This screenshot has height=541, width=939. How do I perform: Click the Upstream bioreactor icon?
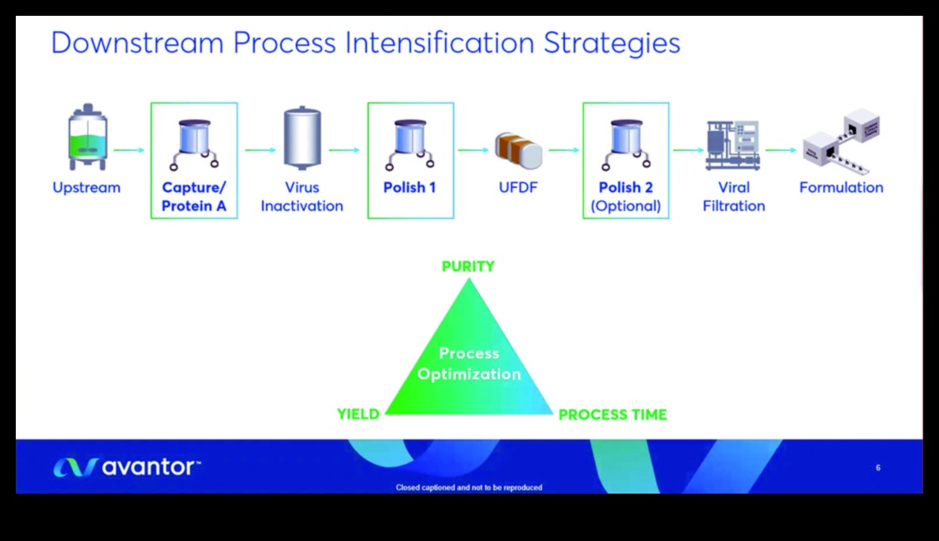point(87,141)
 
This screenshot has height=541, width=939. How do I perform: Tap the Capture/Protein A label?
point(193,197)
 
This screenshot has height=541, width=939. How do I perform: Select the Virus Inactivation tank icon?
point(302,139)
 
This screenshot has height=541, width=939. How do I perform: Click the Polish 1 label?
point(410,188)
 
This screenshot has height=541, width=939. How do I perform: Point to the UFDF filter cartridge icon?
point(518,149)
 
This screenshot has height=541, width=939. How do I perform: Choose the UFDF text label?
point(518,188)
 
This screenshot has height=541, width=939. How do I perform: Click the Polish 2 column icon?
point(626,145)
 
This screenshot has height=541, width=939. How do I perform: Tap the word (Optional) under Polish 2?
point(626,206)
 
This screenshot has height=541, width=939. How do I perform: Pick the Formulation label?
point(841,188)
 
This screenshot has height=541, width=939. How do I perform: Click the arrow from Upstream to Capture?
point(129,149)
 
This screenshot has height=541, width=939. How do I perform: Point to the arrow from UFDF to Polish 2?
point(563,149)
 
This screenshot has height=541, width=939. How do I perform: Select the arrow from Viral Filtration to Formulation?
point(780,149)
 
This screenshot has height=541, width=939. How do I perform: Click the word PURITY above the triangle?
point(468,267)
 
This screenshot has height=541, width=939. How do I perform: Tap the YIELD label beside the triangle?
point(358,414)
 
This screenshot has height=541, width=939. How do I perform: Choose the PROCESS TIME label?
point(612,415)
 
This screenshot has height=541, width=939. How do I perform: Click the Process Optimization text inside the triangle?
point(469,364)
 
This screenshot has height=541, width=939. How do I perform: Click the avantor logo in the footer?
point(126,468)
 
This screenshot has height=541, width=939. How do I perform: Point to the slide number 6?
point(878,468)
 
